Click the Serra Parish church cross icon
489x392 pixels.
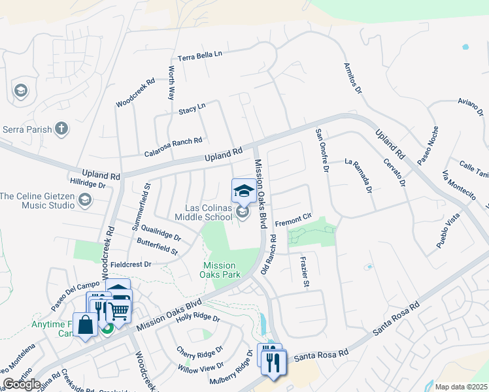61,128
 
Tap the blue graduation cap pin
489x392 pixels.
244,191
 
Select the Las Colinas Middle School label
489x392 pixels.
207,212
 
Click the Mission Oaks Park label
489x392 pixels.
219,270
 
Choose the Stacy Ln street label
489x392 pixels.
192,108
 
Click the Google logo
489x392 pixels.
21,384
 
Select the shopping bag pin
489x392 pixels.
85,324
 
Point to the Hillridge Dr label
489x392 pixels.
87,185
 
